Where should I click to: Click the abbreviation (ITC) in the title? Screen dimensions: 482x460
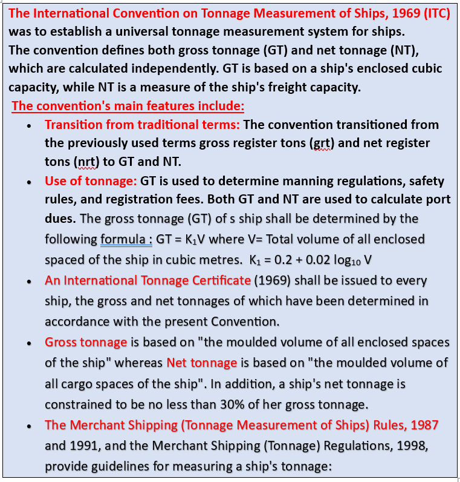pyautogui.click(x=437, y=13)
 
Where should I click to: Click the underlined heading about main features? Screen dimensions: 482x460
pyautogui.click(x=128, y=106)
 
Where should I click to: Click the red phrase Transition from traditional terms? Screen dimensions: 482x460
pyautogui.click(x=142, y=125)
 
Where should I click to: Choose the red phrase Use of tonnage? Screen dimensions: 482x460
pyautogui.click(x=91, y=181)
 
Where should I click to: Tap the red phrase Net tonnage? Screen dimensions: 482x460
pyautogui.click(x=202, y=363)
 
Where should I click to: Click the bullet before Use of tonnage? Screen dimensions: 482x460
pyautogui.click(x=30, y=182)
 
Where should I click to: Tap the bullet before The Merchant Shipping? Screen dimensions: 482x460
pyautogui.click(x=30, y=426)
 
